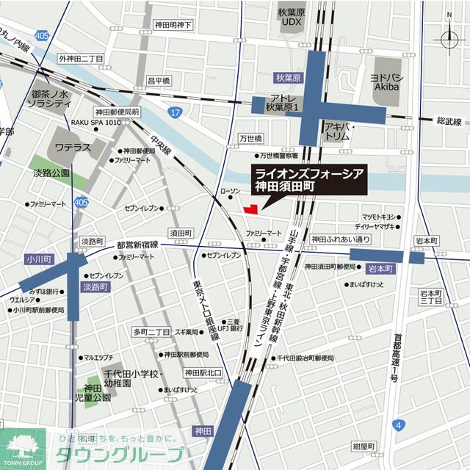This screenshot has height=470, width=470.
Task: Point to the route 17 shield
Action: [x=173, y=112]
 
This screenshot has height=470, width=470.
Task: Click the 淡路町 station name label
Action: [x=96, y=288]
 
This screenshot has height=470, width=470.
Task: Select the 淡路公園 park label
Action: [x=51, y=173]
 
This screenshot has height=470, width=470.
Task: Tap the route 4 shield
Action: [x=397, y=424]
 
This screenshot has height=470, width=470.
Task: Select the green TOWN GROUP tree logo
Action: [x=22, y=446]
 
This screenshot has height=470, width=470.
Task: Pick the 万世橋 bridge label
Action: [x=250, y=138]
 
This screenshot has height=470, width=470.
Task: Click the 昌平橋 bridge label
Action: [x=158, y=80]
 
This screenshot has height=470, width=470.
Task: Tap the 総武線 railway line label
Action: [x=448, y=120]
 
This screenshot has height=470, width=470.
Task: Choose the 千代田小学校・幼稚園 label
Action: [x=131, y=378]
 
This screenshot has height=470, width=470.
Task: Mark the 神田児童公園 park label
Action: [x=97, y=392]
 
